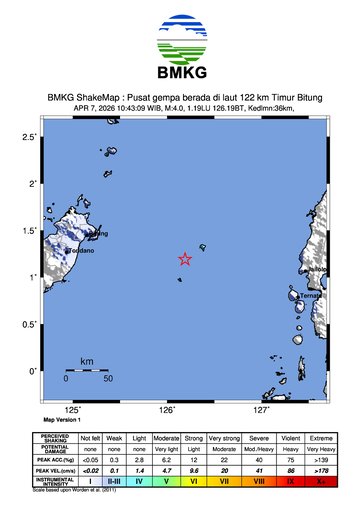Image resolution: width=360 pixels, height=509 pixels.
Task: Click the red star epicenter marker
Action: point(185,259)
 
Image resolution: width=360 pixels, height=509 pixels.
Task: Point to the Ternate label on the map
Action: point(313,295)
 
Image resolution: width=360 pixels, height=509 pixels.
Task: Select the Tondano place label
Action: point(80,251)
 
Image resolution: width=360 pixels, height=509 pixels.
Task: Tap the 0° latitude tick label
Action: point(33,371)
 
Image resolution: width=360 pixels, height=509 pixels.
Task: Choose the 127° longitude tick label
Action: point(261,410)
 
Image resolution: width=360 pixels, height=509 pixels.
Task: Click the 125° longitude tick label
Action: point(73,410)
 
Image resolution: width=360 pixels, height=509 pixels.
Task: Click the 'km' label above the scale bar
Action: point(87,360)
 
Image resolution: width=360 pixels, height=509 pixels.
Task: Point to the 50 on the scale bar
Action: point(107,379)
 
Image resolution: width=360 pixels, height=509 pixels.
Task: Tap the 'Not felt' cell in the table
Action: point(90,438)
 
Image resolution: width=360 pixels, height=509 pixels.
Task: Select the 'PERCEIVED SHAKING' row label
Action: point(56,438)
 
